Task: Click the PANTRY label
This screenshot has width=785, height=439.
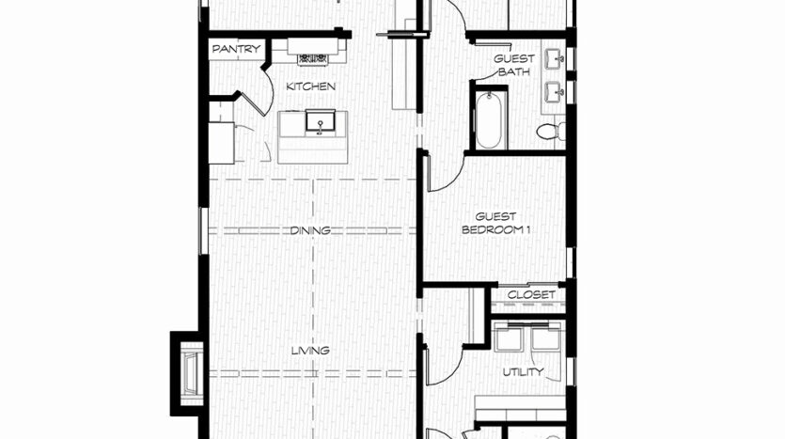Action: (236, 49)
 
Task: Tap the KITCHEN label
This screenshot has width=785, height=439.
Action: (310, 86)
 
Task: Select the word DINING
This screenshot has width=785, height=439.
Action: (310, 230)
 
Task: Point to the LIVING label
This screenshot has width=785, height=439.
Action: (310, 351)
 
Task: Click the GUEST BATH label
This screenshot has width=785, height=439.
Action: (514, 65)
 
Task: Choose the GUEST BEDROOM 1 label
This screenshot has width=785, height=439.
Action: (495, 223)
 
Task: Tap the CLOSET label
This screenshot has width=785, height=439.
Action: (531, 295)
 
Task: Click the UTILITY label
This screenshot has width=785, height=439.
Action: (523, 372)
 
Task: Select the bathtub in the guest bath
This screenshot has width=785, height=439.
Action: (488, 120)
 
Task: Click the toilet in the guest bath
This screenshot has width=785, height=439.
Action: (550, 133)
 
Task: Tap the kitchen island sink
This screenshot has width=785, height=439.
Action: (320, 122)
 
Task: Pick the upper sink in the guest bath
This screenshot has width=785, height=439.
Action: (555, 59)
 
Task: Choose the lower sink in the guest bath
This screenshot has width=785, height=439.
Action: (555, 91)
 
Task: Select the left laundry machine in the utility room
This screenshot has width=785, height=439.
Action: (509, 337)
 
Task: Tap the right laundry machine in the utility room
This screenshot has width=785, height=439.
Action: (545, 337)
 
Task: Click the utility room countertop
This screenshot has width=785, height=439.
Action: (520, 409)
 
